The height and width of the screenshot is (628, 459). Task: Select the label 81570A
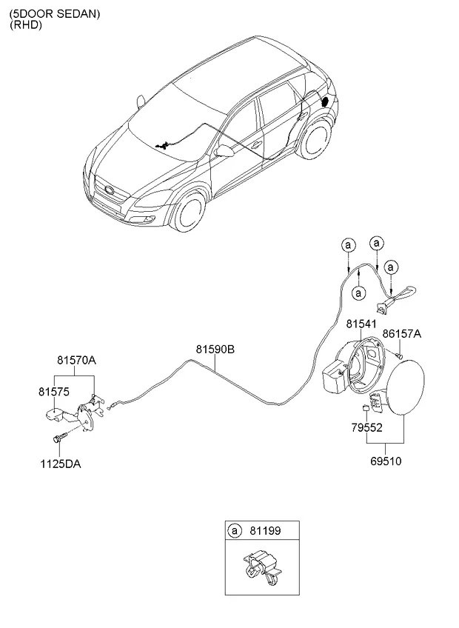pyautogui.click(x=77, y=361)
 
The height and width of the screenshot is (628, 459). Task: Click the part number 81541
pyautogui.click(x=361, y=324)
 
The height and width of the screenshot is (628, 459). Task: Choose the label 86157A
pyautogui.click(x=402, y=334)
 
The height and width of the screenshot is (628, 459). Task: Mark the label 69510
pyautogui.click(x=385, y=461)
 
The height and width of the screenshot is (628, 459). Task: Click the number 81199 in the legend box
pyautogui.click(x=261, y=530)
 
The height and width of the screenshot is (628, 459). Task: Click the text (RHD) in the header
pyautogui.click(x=25, y=24)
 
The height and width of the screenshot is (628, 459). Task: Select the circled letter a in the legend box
pyautogui.click(x=235, y=530)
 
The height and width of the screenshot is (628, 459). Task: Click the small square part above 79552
pyautogui.click(x=365, y=409)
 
